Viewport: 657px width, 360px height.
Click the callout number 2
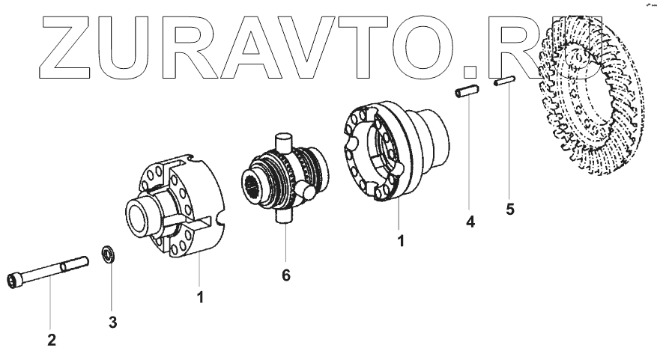pos(52,340)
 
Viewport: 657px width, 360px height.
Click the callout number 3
pos(112,323)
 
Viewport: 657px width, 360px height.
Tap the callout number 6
pos(285,275)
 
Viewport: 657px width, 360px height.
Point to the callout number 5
pos(510,209)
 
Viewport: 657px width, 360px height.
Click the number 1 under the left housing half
pos(201,296)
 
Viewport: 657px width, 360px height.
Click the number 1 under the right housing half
pos(402,242)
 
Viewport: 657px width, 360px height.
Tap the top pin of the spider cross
pos(283,140)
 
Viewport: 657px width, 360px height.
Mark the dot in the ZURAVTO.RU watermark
pos(470,73)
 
